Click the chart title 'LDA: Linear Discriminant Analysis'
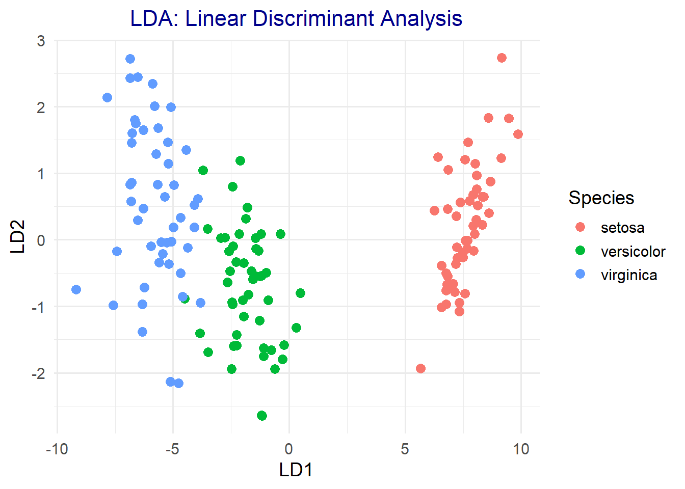click(296, 19)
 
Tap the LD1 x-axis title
click(296, 470)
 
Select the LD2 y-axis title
click(18, 236)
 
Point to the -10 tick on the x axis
click(57, 449)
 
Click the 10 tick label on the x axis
click(521, 449)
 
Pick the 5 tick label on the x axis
click(405, 449)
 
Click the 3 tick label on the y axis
click(41, 41)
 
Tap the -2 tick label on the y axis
click(38, 373)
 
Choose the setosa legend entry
click(622, 228)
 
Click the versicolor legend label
click(633, 252)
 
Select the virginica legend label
click(629, 275)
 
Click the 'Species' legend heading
click(601, 198)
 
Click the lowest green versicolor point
click(262, 416)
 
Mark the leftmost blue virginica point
click(76, 289)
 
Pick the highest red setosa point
click(502, 58)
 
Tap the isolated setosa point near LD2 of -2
click(420, 368)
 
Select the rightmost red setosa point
click(518, 134)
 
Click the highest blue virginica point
click(130, 59)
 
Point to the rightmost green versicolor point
click(300, 293)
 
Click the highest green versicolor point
click(240, 160)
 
